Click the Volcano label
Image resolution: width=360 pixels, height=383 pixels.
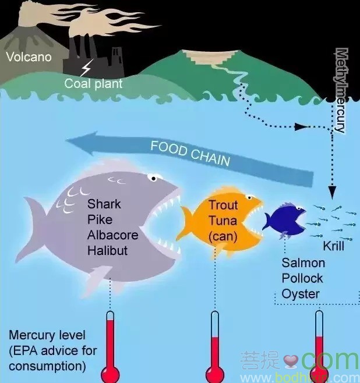(x=29, y=57)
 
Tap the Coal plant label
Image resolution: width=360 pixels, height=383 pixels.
(x=93, y=84)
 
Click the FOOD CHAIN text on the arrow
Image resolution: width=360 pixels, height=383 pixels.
(x=190, y=153)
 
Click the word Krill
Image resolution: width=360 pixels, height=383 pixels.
(x=333, y=246)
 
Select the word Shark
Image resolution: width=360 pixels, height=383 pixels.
(x=104, y=204)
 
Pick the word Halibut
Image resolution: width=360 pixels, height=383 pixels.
(x=107, y=250)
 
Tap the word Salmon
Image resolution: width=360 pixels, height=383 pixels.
(x=303, y=263)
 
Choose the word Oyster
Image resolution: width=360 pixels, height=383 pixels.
(x=300, y=294)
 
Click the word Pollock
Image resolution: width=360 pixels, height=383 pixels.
(x=303, y=278)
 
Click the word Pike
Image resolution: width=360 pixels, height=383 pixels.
(x=100, y=220)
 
